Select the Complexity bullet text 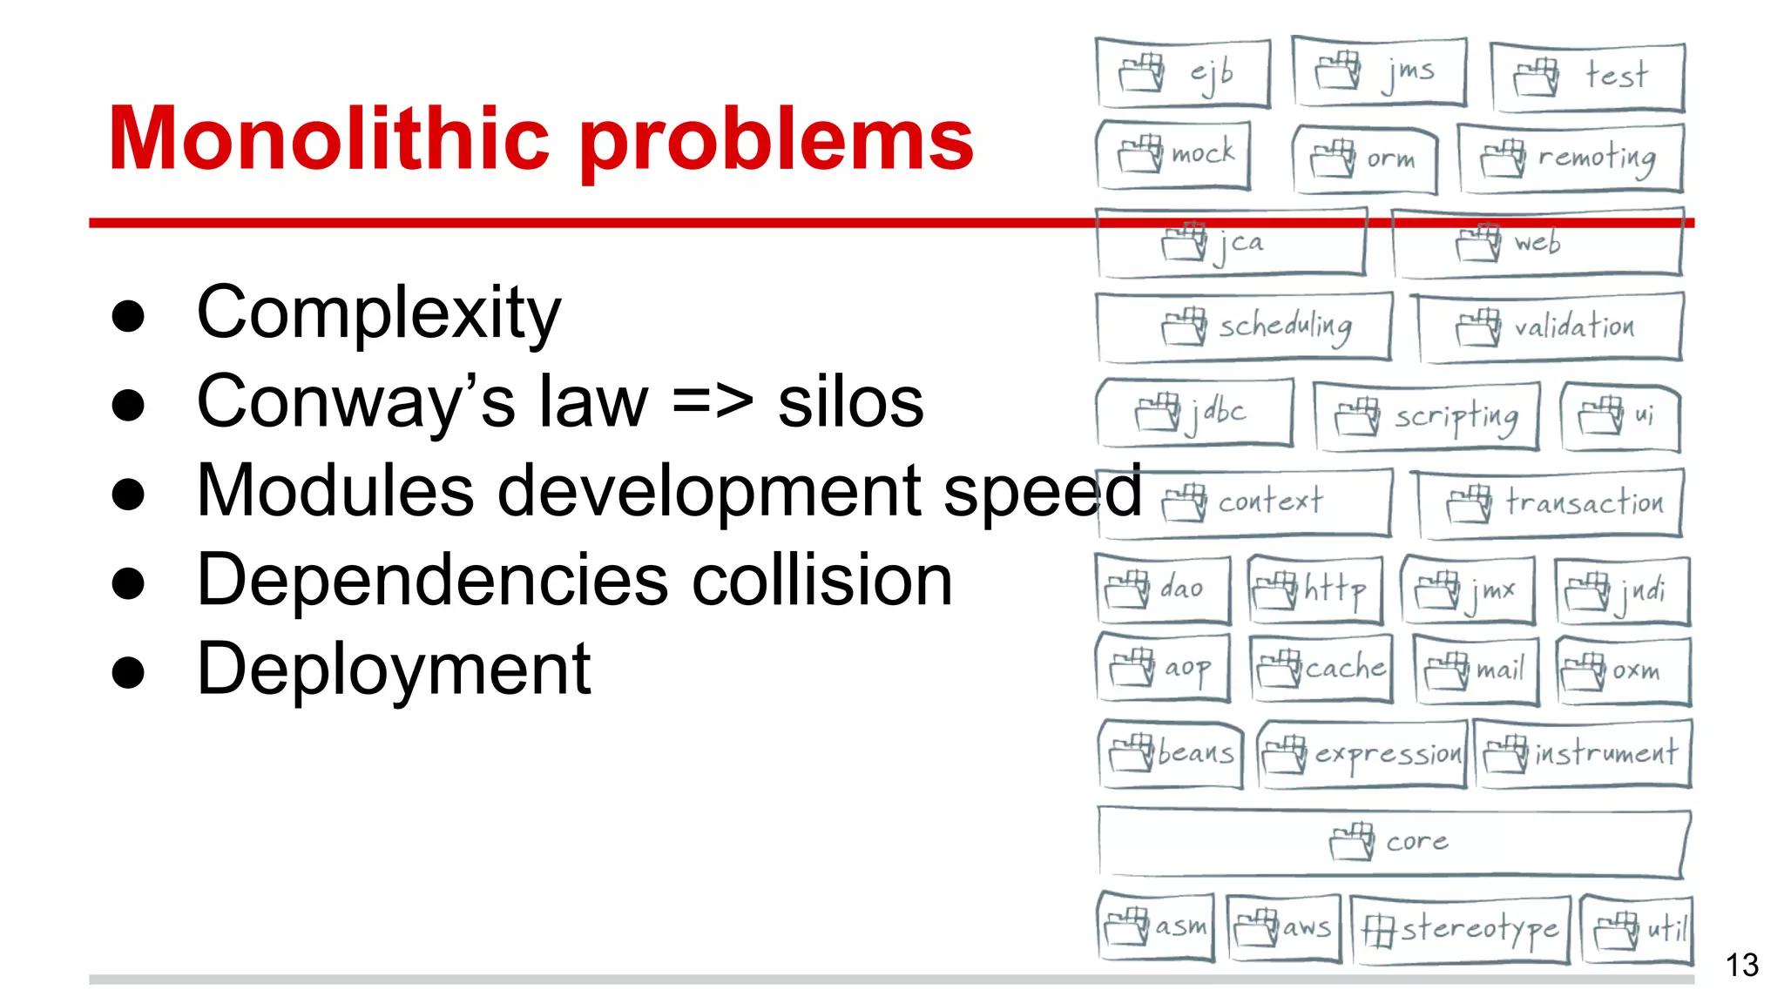(379, 314)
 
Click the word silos (850, 403)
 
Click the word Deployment (394, 670)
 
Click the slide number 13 (1741, 966)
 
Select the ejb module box (1183, 73)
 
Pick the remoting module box (1571, 158)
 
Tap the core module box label (1416, 841)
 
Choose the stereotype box (1461, 929)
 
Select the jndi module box (1622, 591)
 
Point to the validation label (1573, 327)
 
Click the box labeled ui (1621, 415)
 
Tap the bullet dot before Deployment (128, 672)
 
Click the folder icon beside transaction (1470, 504)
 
